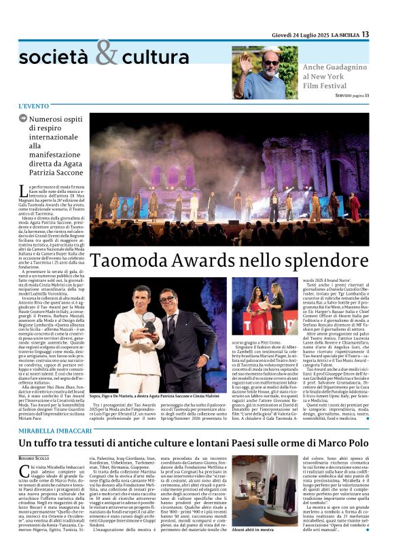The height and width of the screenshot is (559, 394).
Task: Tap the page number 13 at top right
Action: click(384, 34)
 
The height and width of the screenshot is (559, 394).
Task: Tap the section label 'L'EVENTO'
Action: click(34, 106)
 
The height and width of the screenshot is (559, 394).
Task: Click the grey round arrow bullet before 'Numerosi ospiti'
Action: click(23, 119)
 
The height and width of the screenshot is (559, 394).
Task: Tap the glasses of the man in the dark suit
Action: click(166, 300)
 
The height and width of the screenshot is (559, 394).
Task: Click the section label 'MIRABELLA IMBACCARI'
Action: click(54, 430)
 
